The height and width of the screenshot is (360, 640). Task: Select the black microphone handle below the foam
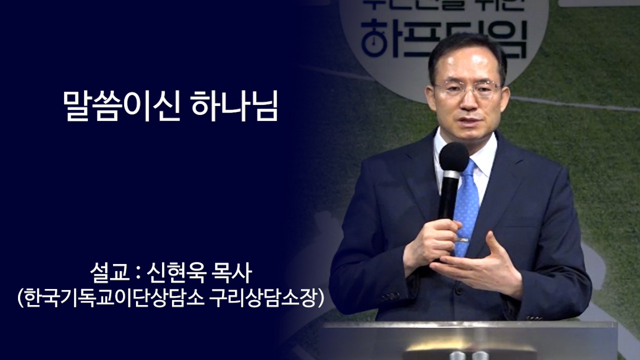tap(449, 195)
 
